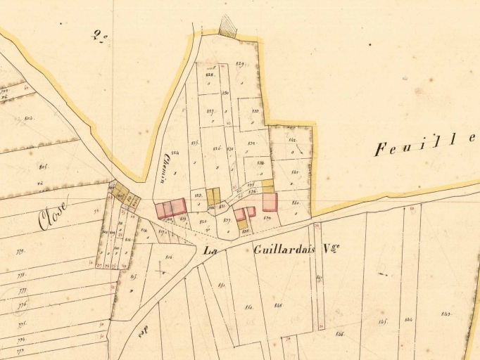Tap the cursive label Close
coord(53,215)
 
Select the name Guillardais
coord(286,249)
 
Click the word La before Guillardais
coord(209,250)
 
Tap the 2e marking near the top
coord(99,35)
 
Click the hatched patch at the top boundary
coord(228,27)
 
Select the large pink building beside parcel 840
coord(270,202)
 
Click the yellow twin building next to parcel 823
coord(213,196)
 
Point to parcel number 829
coord(240,65)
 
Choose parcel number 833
coord(255,110)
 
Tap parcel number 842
coord(292,141)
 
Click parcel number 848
coord(278,305)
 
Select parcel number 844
coord(409,321)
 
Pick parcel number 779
coord(20,251)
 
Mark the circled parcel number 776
coord(23,304)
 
